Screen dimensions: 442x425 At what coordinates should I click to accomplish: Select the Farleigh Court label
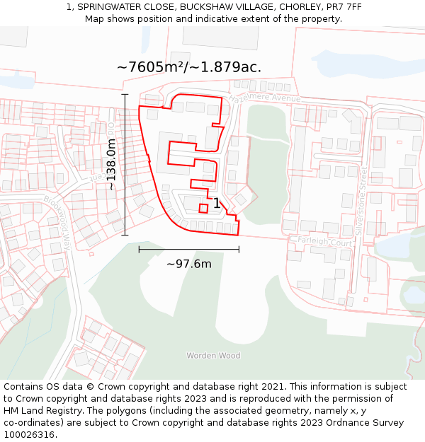coord(324,241)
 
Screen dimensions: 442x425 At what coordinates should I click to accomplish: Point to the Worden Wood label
coord(213,356)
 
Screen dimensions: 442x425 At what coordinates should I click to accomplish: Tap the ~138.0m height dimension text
coord(111,165)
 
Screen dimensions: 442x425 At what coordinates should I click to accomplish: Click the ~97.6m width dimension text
coord(189,264)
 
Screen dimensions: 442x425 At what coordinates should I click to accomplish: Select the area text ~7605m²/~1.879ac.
coord(189,67)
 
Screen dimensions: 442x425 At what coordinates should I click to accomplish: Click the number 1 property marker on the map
coord(217,204)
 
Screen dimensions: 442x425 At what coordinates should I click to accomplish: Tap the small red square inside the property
coord(203,208)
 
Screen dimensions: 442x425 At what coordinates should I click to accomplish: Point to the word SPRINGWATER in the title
coord(109,6)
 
